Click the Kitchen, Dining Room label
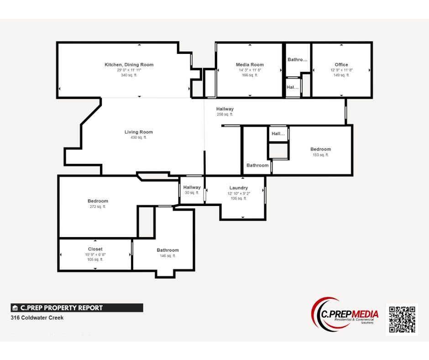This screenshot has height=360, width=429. click(129, 65)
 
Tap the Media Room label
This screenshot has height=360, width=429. click(250, 65)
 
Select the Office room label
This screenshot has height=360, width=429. click(341, 65)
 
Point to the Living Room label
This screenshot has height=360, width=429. click(139, 132)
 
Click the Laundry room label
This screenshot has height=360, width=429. click(239, 188)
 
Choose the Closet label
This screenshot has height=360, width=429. click(95, 249)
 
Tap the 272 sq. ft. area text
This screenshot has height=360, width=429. click(98, 207)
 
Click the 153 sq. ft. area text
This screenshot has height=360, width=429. click(320, 155)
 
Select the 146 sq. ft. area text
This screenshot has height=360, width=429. click(167, 256)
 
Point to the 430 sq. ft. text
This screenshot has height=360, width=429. click(139, 138)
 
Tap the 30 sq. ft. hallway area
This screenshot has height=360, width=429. click(192, 193)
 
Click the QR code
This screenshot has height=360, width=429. click(402, 319)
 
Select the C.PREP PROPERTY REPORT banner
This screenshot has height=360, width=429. click(77, 308)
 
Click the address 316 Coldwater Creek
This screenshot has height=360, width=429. click(37, 318)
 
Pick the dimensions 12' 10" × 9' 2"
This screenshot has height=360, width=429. click(239, 193)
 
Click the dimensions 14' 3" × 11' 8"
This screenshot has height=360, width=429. click(250, 70)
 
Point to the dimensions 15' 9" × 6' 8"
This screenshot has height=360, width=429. click(95, 254)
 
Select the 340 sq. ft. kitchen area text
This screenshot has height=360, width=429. click(129, 75)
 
